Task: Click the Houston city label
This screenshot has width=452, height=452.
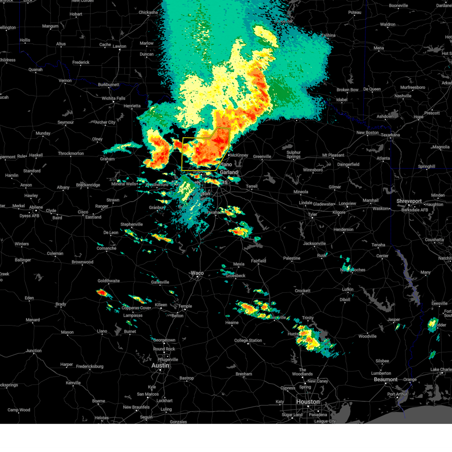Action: tap(308, 402)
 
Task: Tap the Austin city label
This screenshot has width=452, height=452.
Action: tap(160, 365)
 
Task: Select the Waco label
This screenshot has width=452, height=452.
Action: tap(197, 273)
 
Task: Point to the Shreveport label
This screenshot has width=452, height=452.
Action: tap(409, 201)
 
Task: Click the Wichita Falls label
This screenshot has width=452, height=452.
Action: tap(113, 98)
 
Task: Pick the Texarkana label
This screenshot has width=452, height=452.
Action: tap(390, 135)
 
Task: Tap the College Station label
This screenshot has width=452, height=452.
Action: tap(248, 341)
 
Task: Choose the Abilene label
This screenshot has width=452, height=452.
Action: tap(36, 207)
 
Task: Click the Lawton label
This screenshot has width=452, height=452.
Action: tap(119, 46)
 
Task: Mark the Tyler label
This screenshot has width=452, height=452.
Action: tap(312, 214)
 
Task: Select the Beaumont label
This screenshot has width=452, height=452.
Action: tap(386, 379)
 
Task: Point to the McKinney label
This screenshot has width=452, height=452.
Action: tap(239, 155)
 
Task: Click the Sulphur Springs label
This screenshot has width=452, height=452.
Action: tap(293, 154)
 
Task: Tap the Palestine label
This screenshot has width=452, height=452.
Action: tap(292, 258)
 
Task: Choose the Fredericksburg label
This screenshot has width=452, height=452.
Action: tap(90, 366)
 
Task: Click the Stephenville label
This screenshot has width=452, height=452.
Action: tap(131, 224)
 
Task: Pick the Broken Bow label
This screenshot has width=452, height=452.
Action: tap(347, 90)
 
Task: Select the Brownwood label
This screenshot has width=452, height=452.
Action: tap(82, 262)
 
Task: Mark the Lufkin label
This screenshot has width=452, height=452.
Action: tap(348, 289)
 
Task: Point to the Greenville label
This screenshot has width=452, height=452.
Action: tap(262, 157)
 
